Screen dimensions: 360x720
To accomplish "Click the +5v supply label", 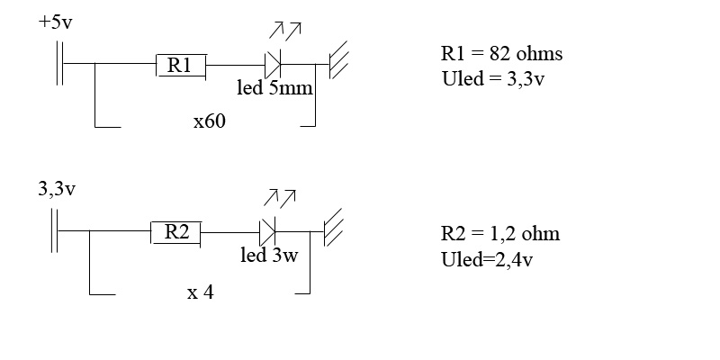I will (56, 21).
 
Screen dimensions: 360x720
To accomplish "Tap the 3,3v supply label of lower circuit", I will (56, 190).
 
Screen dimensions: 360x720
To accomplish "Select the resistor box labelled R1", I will (181, 65).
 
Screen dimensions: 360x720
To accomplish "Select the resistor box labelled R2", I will (175, 232).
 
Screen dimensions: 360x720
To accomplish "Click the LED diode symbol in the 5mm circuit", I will (273, 64).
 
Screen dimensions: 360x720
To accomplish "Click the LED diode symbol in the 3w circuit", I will (267, 232).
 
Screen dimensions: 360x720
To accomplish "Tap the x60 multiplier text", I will (209, 121).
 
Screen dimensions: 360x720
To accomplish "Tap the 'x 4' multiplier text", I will (200, 292).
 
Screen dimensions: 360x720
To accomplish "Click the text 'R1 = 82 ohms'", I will (496, 54).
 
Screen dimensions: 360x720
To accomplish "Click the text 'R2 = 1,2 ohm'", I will (499, 234).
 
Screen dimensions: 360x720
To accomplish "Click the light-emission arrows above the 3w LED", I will (281, 197).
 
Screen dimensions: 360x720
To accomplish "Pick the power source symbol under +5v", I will (61, 64).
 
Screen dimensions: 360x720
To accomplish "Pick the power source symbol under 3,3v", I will (56, 231).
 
